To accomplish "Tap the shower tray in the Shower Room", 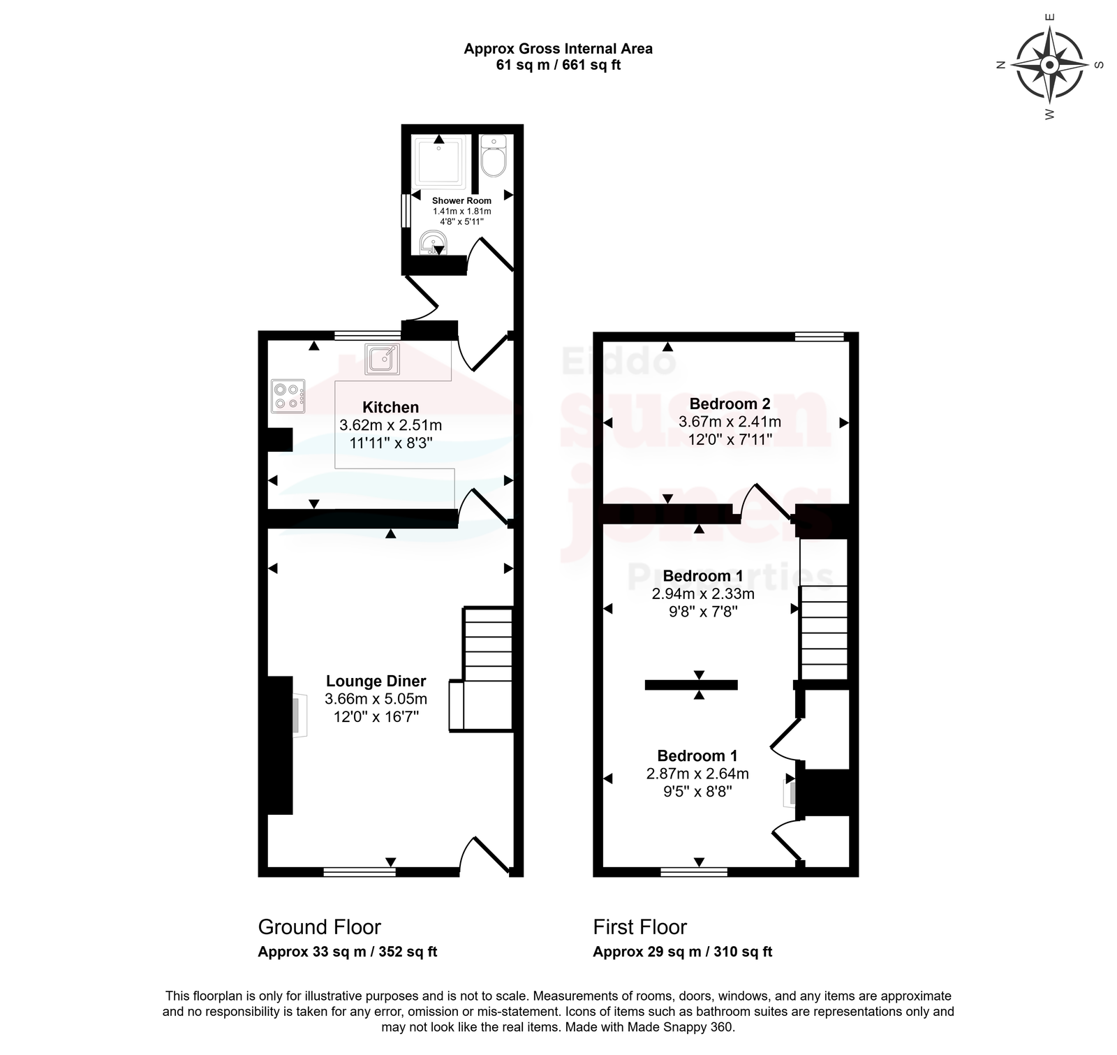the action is tap(438, 164).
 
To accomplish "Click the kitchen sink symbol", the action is tap(383, 359).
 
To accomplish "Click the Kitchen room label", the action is tap(390, 407).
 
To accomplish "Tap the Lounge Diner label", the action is tap(376, 681).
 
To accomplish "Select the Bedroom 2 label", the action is tap(730, 404).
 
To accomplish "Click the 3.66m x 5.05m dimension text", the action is tap(376, 699).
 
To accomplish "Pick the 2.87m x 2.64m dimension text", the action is tap(697, 774).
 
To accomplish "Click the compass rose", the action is tap(1049, 65).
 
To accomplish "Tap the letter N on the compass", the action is tap(1000, 66).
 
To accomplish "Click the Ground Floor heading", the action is tap(319, 927).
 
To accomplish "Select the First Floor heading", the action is tap(639, 927).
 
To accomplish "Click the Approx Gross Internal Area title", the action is tap(558, 49).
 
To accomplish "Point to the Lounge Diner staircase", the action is tap(481, 670).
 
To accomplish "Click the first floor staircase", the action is tap(823, 608).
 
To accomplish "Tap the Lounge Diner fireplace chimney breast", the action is tap(280, 745).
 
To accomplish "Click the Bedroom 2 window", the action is tap(820, 337).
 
